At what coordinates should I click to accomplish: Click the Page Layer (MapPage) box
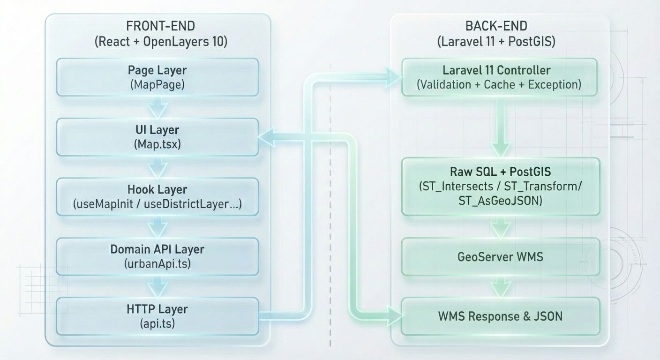coord(157,77)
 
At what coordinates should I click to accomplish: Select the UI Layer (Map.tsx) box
coord(157,137)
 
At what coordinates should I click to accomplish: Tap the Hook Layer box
coord(157,197)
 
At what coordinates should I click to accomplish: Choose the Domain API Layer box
coord(157,256)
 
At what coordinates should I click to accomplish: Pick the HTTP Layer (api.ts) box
coord(157,316)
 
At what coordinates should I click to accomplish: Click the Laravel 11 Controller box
coord(499,77)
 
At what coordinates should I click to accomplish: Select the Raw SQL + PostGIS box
coord(500,186)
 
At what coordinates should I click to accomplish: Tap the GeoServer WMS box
coord(500,257)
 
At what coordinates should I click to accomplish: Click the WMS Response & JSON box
coord(500,316)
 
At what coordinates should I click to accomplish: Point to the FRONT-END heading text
coord(157,26)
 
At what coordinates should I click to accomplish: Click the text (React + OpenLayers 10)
coord(161,42)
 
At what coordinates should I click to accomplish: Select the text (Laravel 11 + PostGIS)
coord(496,42)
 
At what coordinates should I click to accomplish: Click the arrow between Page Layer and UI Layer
coord(157,107)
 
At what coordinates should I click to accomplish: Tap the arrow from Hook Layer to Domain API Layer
coord(157,227)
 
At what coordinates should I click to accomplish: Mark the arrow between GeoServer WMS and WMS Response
coord(500,286)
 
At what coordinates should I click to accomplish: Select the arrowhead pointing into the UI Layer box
coord(266,136)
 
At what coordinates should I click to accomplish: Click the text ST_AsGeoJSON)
coord(500,201)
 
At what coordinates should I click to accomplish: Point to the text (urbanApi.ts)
coord(157,264)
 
